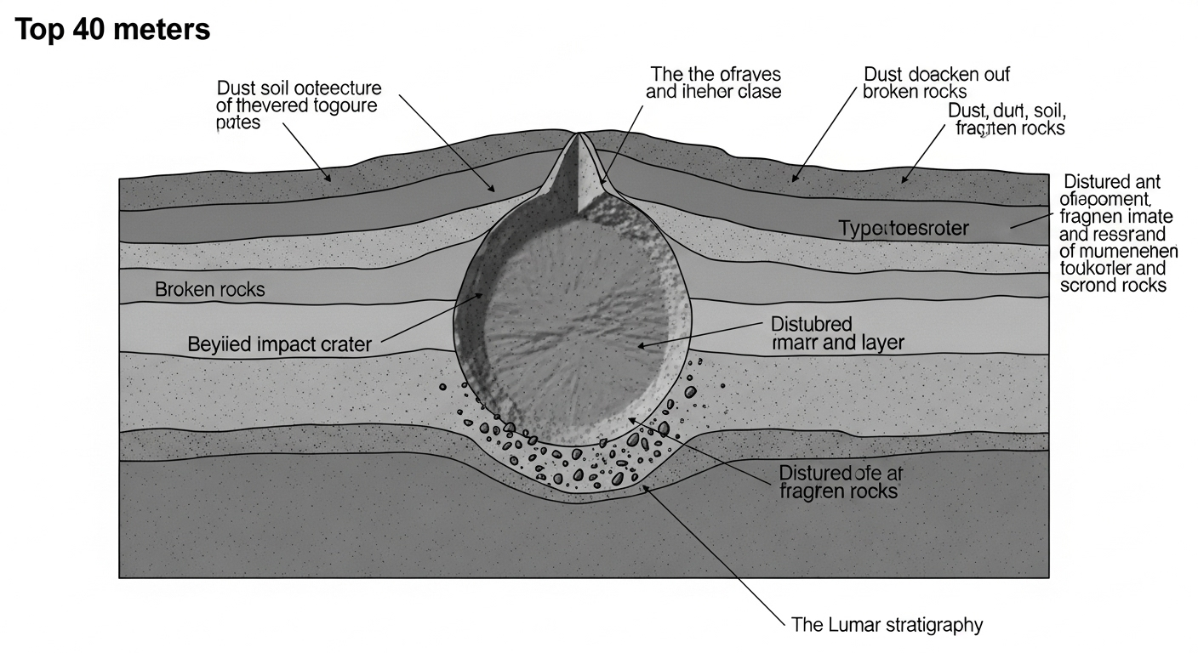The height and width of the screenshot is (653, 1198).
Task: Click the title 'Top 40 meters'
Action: pyautogui.click(x=112, y=30)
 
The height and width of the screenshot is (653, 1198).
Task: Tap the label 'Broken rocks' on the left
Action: pyautogui.click(x=209, y=289)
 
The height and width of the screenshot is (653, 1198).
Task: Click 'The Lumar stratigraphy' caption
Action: pyautogui.click(x=887, y=625)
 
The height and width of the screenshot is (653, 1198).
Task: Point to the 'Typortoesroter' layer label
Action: pyautogui.click(x=904, y=229)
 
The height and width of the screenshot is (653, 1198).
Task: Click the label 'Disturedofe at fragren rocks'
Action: pyautogui.click(x=838, y=481)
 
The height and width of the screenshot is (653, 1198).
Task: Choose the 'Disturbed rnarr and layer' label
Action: pyautogui.click(x=837, y=333)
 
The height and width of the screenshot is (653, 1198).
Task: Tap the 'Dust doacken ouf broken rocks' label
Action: pyautogui.click(x=936, y=82)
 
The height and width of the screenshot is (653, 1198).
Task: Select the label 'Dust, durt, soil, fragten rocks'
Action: pyautogui.click(x=1007, y=120)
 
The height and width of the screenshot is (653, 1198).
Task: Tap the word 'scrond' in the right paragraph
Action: pyautogui.click(x=1087, y=285)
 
